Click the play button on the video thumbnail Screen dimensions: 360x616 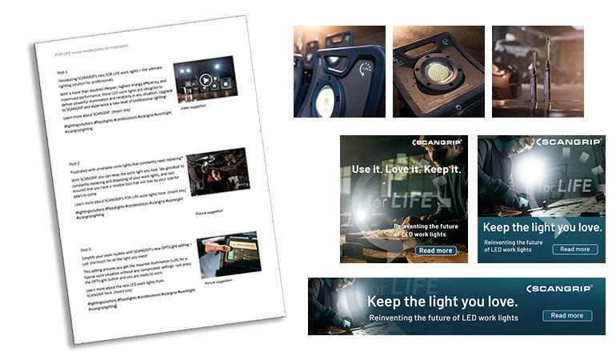coord(206,80)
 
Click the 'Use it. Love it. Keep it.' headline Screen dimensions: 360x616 coord(406,170)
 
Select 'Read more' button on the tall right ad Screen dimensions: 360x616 coord(574,249)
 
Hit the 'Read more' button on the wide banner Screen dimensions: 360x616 coord(566,315)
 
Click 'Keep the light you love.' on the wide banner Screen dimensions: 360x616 coord(442,302)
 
